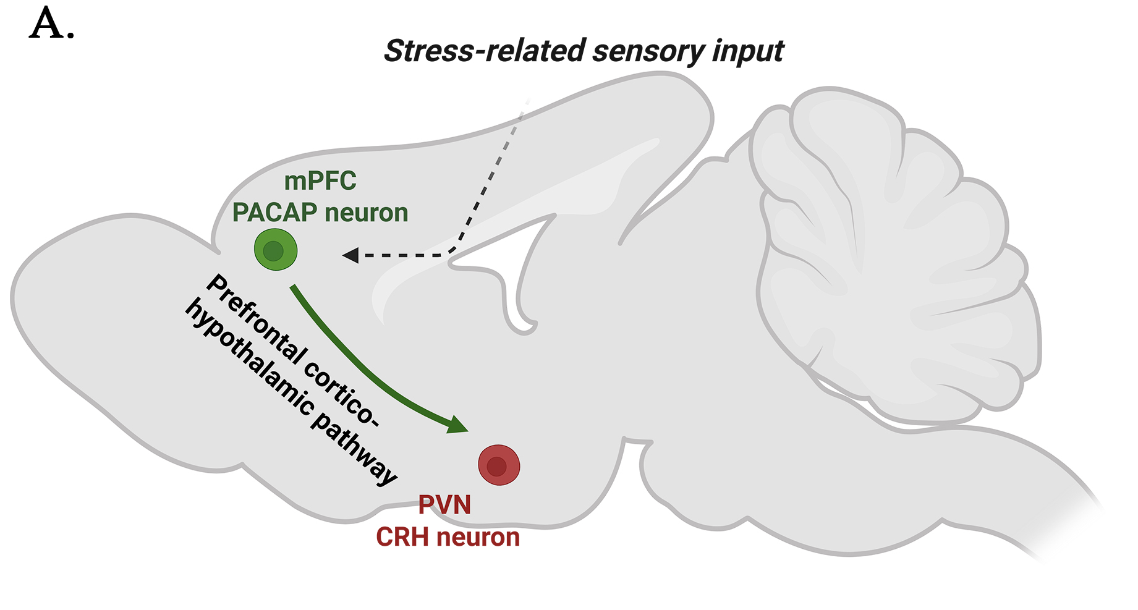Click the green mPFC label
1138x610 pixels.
point(320,181)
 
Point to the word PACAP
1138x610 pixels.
point(274,213)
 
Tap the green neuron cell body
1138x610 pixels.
point(276,250)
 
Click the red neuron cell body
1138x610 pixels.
point(499,465)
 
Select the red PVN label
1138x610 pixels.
point(444,505)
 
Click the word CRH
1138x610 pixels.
point(402,537)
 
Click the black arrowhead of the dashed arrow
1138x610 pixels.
point(350,255)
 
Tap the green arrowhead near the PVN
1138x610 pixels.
point(457,425)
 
